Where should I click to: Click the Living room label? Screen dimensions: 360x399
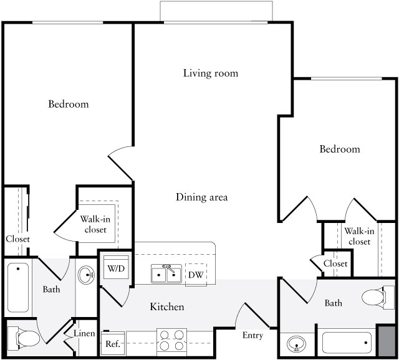(211, 73)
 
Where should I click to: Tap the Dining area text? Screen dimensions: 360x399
(201, 197)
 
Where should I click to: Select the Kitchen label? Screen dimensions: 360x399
(167, 307)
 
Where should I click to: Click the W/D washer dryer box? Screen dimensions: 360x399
(115, 269)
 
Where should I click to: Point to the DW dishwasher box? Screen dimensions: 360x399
(195, 275)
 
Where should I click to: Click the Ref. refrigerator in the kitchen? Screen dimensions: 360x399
(113, 343)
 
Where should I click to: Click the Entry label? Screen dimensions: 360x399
(252, 336)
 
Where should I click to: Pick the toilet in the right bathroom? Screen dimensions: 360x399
(373, 298)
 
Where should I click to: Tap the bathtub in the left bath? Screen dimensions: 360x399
(18, 287)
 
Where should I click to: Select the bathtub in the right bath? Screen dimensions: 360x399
(346, 341)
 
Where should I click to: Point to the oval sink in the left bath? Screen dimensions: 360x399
(87, 273)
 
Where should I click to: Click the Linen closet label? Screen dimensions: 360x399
(84, 334)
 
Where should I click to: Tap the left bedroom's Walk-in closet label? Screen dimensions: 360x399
(95, 224)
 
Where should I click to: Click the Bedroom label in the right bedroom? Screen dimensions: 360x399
(340, 149)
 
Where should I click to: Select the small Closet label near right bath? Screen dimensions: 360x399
(335, 264)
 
